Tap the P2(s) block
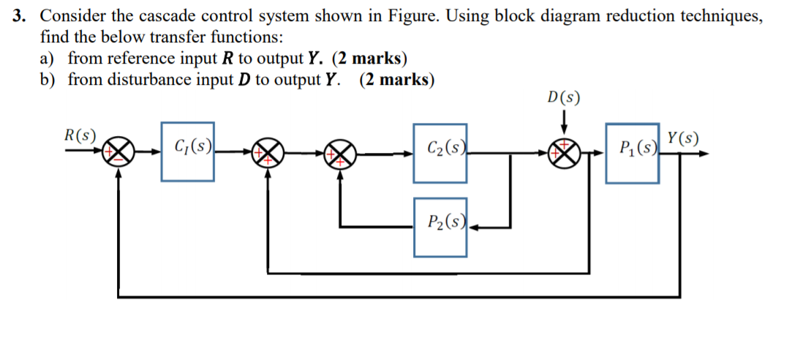pos(440,227)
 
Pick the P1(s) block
pos(632,152)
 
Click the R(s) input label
pos(80,135)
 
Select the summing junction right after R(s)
pos(119,153)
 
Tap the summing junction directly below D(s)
pos(565,154)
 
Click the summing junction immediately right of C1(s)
pos(268,154)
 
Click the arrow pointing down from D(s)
pos(565,120)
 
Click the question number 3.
pos(20,16)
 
